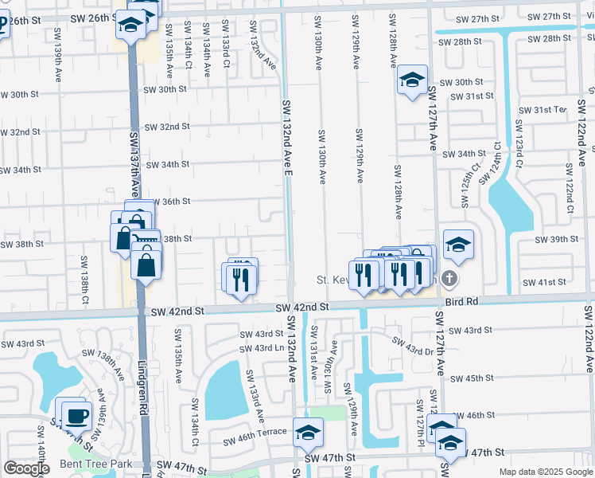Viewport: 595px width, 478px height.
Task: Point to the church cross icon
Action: click(449, 278)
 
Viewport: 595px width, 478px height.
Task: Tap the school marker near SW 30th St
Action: click(412, 80)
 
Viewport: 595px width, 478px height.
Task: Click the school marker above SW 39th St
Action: click(458, 245)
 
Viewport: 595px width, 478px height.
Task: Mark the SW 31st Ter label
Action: click(542, 110)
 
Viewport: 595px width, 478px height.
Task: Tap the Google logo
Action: click(26, 468)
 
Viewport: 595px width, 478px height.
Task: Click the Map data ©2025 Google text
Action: click(546, 472)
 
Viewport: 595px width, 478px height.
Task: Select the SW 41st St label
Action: click(544, 282)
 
